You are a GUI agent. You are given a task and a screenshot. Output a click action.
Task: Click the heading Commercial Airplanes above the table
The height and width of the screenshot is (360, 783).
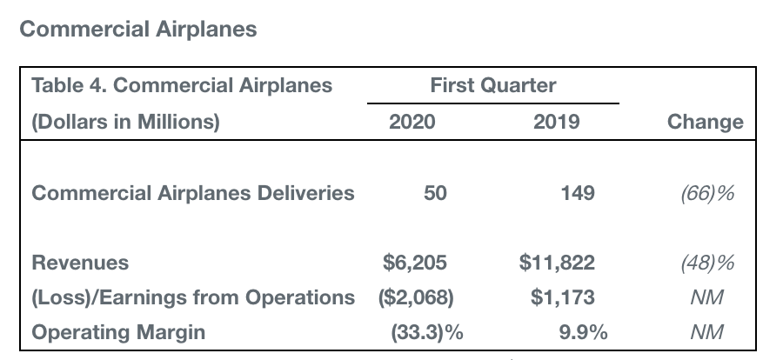(138, 29)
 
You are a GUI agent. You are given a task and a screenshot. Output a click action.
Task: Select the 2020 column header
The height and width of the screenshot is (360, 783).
(412, 122)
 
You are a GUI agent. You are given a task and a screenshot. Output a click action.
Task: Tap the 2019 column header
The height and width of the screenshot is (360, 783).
(557, 122)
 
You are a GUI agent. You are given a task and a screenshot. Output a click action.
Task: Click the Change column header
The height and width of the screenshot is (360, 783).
(705, 122)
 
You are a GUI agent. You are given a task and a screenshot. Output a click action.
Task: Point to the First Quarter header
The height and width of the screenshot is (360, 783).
(492, 85)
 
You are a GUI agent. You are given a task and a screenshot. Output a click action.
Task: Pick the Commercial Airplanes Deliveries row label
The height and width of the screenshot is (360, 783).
(193, 192)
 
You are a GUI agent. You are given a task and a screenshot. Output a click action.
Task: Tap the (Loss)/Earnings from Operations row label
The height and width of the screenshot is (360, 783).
(193, 297)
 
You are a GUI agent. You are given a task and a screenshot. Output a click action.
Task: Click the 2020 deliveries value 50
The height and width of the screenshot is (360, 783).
(435, 192)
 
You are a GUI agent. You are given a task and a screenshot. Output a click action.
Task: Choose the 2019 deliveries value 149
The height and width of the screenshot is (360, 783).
(578, 192)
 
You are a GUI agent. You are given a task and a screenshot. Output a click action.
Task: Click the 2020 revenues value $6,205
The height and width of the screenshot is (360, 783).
(416, 263)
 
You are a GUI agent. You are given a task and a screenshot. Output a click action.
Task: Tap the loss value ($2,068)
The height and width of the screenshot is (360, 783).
(416, 297)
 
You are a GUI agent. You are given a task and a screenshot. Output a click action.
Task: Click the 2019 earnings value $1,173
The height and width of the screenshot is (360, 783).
(563, 297)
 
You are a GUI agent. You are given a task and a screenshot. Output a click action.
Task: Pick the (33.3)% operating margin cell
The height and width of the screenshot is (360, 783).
(427, 332)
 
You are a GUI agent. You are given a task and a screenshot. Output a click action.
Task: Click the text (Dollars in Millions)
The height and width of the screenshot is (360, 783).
(126, 122)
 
